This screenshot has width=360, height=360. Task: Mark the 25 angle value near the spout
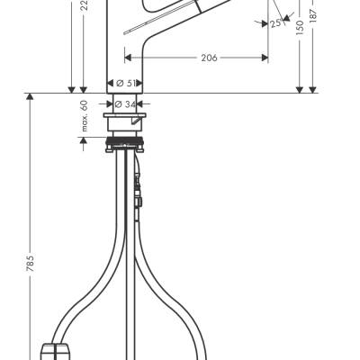click(274, 24)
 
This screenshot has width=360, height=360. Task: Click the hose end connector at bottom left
click(58, 348)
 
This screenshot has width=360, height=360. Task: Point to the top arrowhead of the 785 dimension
click(31, 97)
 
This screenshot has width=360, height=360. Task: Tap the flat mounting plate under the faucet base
click(127, 117)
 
